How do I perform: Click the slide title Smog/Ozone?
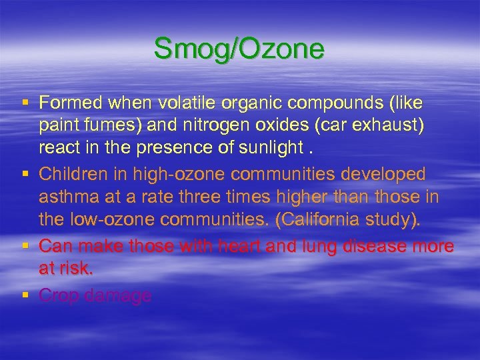click(x=239, y=49)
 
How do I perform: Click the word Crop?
click(x=57, y=294)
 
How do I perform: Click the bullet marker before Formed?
click(x=25, y=103)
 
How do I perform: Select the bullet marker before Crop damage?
click(x=25, y=294)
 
